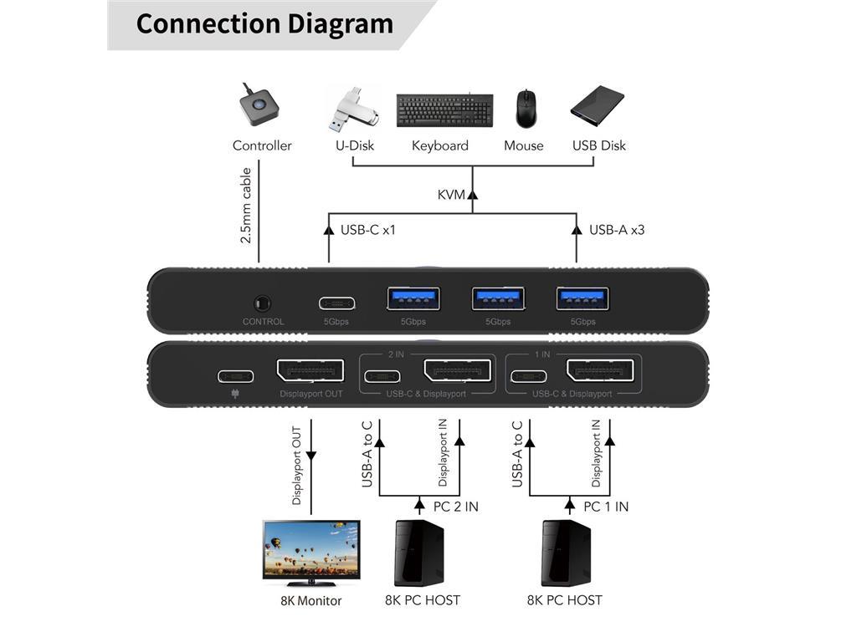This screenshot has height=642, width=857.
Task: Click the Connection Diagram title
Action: (x=264, y=23)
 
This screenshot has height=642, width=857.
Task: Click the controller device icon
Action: (x=261, y=107)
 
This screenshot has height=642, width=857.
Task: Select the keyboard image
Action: (x=439, y=110)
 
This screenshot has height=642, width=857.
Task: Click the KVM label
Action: (x=451, y=195)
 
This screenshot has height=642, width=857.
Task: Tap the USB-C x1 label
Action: (x=367, y=229)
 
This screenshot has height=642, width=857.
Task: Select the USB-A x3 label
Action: (x=617, y=229)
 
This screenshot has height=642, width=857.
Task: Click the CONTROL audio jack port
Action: (x=263, y=303)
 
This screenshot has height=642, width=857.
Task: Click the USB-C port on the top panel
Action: (x=336, y=303)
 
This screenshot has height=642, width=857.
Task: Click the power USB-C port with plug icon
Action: (x=235, y=375)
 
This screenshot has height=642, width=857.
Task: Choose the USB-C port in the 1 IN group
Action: (x=529, y=375)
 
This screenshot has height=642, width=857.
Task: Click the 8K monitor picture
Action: (x=311, y=553)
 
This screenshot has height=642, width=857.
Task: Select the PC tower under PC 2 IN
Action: (x=418, y=553)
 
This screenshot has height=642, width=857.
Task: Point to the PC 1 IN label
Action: (x=606, y=507)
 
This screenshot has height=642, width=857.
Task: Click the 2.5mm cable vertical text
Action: (x=246, y=206)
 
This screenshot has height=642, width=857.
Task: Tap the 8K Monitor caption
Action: (x=311, y=600)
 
